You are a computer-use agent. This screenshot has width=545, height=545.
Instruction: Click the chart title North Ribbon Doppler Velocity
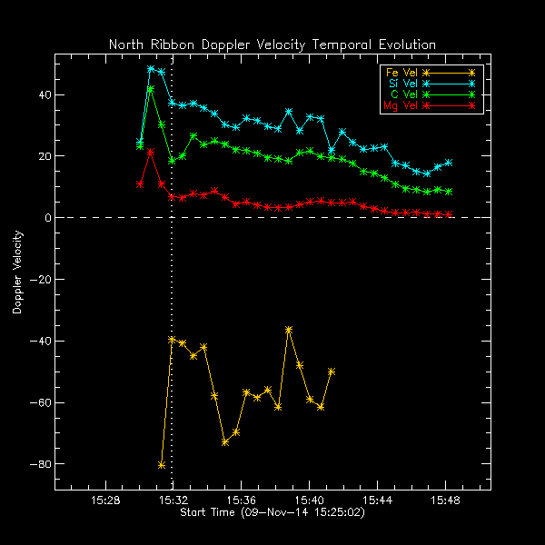click(272, 45)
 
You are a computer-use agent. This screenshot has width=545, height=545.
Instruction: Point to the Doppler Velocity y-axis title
click(17, 272)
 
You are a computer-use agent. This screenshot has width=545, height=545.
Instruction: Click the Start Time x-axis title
click(272, 513)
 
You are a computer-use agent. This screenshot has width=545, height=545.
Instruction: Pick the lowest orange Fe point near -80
click(162, 465)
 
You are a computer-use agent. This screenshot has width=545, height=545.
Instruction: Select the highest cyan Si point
click(151, 69)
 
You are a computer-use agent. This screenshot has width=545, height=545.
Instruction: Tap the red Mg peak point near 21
click(151, 153)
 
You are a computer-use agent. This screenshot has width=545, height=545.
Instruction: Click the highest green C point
click(151, 89)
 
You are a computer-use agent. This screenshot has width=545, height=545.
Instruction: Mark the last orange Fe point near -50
click(332, 372)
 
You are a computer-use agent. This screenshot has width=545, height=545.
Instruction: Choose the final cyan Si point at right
click(449, 163)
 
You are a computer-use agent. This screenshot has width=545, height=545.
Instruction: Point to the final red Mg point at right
click(449, 215)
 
